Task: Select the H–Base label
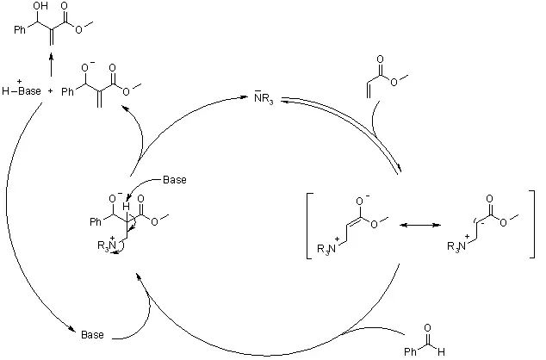[x=21, y=90]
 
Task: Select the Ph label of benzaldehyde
[x=413, y=351]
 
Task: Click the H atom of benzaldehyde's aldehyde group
[x=443, y=351]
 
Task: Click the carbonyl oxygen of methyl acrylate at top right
[x=377, y=56]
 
